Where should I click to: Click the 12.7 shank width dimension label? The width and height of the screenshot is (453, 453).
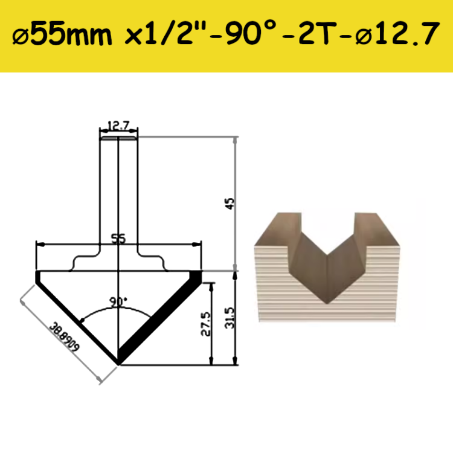tap(119, 126)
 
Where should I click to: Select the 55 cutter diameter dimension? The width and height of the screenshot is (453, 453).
tap(118, 239)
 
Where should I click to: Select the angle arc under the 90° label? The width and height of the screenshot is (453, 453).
tap(119, 313)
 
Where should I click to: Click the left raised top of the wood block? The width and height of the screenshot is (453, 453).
tap(288, 216)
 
